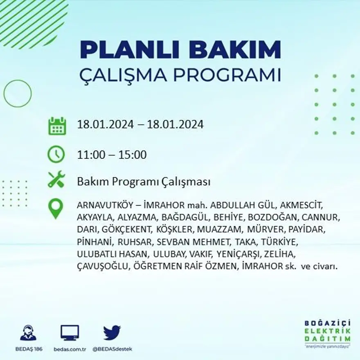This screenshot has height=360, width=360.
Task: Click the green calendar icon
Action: click(57, 126)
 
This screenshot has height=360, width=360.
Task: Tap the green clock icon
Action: click(56, 154)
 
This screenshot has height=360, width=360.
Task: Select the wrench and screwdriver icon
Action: click(56, 180)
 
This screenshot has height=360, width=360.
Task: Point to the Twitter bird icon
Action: click(112, 333)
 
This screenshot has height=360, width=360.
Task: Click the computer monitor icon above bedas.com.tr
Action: click(70, 333)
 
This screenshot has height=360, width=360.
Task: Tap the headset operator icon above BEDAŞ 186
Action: click(28, 333)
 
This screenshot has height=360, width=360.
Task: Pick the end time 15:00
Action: click(133, 155)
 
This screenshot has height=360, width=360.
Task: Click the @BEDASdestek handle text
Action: click(112, 349)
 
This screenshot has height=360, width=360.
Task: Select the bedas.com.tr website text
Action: click(70, 349)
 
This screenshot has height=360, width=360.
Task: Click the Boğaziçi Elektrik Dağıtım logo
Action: click(327, 333)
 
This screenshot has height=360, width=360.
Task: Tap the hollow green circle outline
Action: click(18, 94)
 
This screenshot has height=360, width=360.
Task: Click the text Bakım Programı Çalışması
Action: click(144, 182)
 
